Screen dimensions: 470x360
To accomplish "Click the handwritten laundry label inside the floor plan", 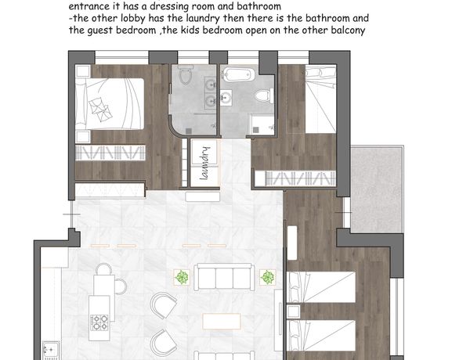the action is pos(204,163).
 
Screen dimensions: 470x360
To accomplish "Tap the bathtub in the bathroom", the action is pos(239,74).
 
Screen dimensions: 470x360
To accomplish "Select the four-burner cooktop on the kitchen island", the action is pos(99,322).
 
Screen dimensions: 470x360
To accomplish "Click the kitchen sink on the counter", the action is pos(50,350).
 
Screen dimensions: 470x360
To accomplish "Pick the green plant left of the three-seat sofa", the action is pos(182,277).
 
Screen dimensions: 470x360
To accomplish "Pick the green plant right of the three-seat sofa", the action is pos(267,277).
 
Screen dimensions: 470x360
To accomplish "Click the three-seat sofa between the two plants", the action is pos(224,277).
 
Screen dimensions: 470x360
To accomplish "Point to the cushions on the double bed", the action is pos(101,110).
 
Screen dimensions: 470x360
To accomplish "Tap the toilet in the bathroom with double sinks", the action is pos(186,75).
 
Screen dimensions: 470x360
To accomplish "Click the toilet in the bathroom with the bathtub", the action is pos(264,96).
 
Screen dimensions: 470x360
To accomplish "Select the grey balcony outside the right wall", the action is pos(377,189).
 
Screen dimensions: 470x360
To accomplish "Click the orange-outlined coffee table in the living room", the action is pos(222,321).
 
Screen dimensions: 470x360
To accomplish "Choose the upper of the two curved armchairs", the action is pos(164,305).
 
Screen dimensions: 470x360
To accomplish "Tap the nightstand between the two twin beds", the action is pos(294,311).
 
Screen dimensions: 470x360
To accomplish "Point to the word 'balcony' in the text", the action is pos(348,31).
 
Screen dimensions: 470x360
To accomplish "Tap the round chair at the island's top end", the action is pos(103,268).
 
